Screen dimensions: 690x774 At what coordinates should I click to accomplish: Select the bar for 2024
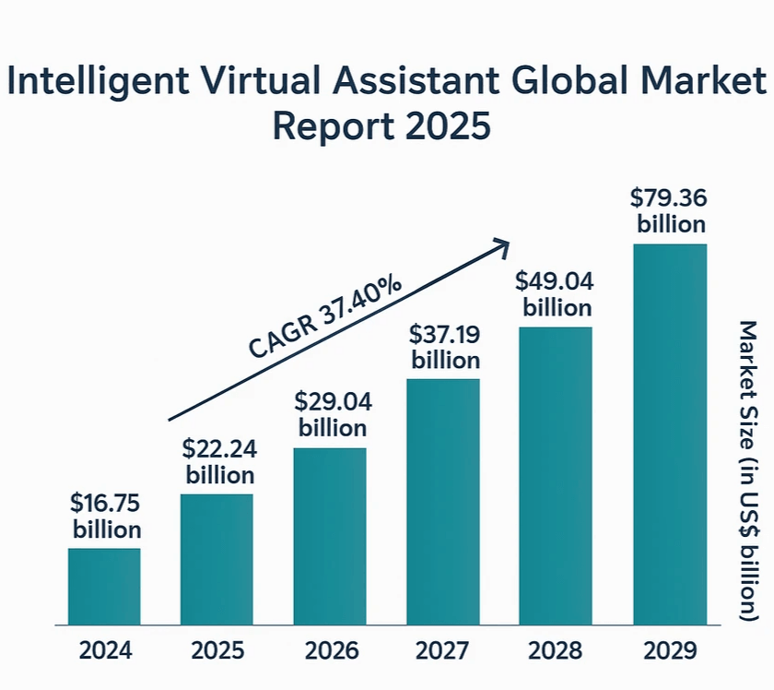point(104,587)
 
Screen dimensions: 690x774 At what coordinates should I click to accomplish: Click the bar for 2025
point(217,559)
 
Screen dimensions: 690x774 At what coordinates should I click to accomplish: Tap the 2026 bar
point(330,536)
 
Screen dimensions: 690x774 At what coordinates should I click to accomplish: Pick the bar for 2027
point(443,502)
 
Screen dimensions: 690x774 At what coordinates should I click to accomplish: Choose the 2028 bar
point(556,476)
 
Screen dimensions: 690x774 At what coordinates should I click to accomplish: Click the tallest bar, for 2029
point(670,434)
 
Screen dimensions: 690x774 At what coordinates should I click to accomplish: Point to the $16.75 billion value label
point(107,517)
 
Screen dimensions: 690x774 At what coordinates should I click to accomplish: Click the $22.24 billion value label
point(220,462)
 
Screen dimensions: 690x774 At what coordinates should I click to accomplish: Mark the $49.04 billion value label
point(557,293)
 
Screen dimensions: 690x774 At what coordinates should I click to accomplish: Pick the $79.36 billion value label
point(671,210)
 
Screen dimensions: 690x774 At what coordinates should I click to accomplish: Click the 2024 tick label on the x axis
point(105,651)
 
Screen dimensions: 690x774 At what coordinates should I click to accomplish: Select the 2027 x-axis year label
point(443,651)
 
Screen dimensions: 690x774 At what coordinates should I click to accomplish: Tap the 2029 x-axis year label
point(670,651)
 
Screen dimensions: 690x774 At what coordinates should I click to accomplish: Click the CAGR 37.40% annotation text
point(325,316)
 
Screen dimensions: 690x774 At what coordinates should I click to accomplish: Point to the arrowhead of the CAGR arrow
point(502,244)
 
